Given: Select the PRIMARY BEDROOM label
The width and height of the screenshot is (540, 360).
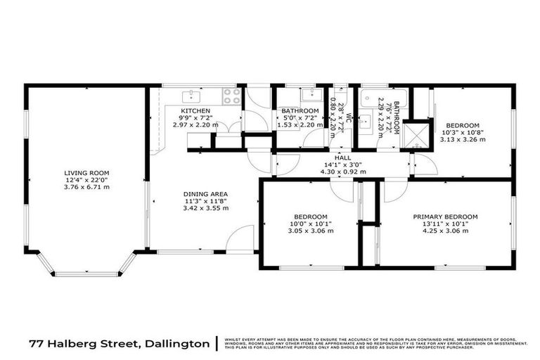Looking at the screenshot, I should pyautogui.click(x=445, y=216).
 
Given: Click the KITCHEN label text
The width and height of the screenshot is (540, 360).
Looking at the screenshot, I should pyautogui.click(x=195, y=111).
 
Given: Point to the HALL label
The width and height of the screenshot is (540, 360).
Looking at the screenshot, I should pyautogui.click(x=342, y=158).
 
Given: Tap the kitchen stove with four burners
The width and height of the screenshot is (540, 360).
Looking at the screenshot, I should pyautogui.click(x=229, y=95).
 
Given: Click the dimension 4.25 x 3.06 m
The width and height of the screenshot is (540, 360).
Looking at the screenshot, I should pyautogui.click(x=445, y=231).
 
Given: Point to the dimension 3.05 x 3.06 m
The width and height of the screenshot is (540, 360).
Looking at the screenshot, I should pyautogui.click(x=310, y=231).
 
